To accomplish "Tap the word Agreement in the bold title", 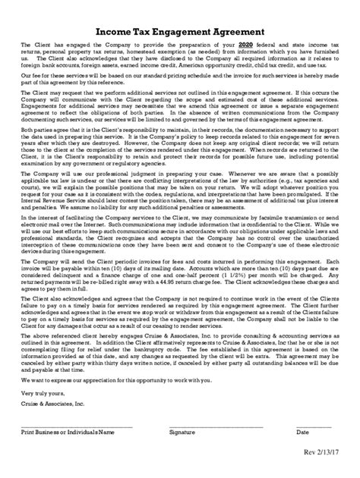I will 235,32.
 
